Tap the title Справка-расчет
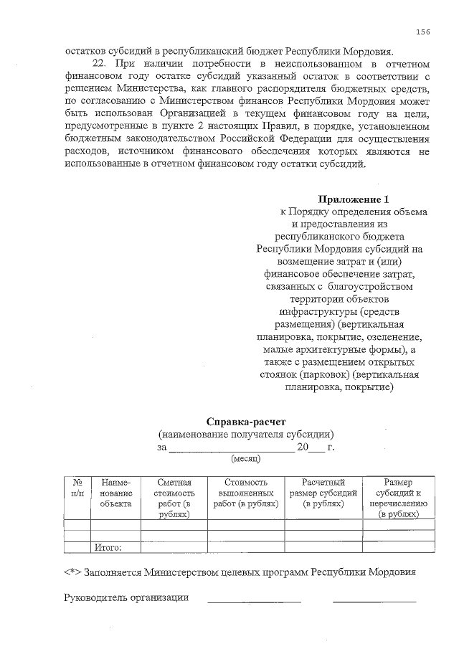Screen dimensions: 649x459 coord(246,421)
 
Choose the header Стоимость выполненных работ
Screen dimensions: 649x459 coord(246,493)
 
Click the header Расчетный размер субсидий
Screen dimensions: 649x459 coord(323,493)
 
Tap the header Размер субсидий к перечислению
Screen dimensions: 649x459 coord(398,498)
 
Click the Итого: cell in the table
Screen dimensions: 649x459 coord(108,548)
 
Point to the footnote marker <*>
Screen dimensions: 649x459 coord(72,572)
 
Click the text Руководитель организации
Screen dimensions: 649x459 coord(126,598)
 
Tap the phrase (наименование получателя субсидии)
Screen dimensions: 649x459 coord(246,435)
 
